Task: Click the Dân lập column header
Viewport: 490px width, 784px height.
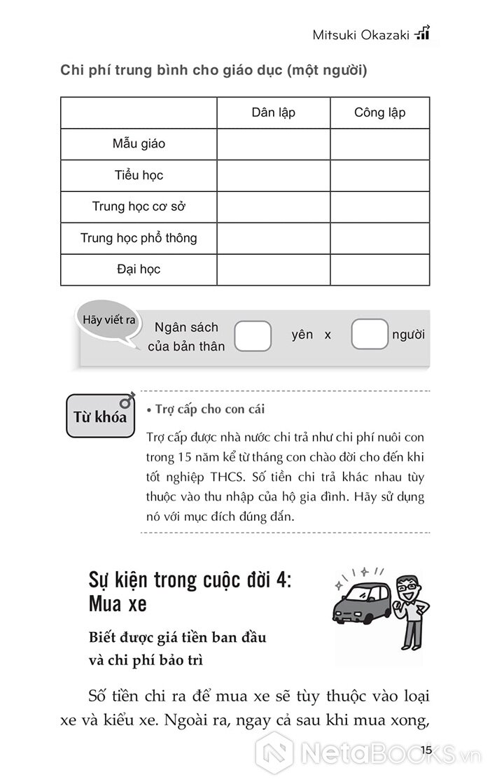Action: pos(273,113)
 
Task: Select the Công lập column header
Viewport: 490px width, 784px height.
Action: pos(379,113)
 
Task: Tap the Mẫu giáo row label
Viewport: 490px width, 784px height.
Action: pos(139,144)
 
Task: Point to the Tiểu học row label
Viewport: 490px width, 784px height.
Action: pos(139,176)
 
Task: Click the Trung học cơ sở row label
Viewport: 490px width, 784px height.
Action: pos(139,207)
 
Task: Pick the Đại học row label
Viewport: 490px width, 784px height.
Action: pos(139,269)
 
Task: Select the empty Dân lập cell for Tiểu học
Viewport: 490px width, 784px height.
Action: pos(273,176)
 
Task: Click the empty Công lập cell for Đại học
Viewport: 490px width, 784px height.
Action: pos(379,269)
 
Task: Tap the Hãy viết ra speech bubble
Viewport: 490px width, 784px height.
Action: pos(108,321)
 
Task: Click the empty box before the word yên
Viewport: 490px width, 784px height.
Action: pos(253,335)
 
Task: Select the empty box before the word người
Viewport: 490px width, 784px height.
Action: pos(369,335)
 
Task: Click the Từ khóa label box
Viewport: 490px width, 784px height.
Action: pos(100,417)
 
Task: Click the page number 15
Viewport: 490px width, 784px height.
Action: pos(427,751)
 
